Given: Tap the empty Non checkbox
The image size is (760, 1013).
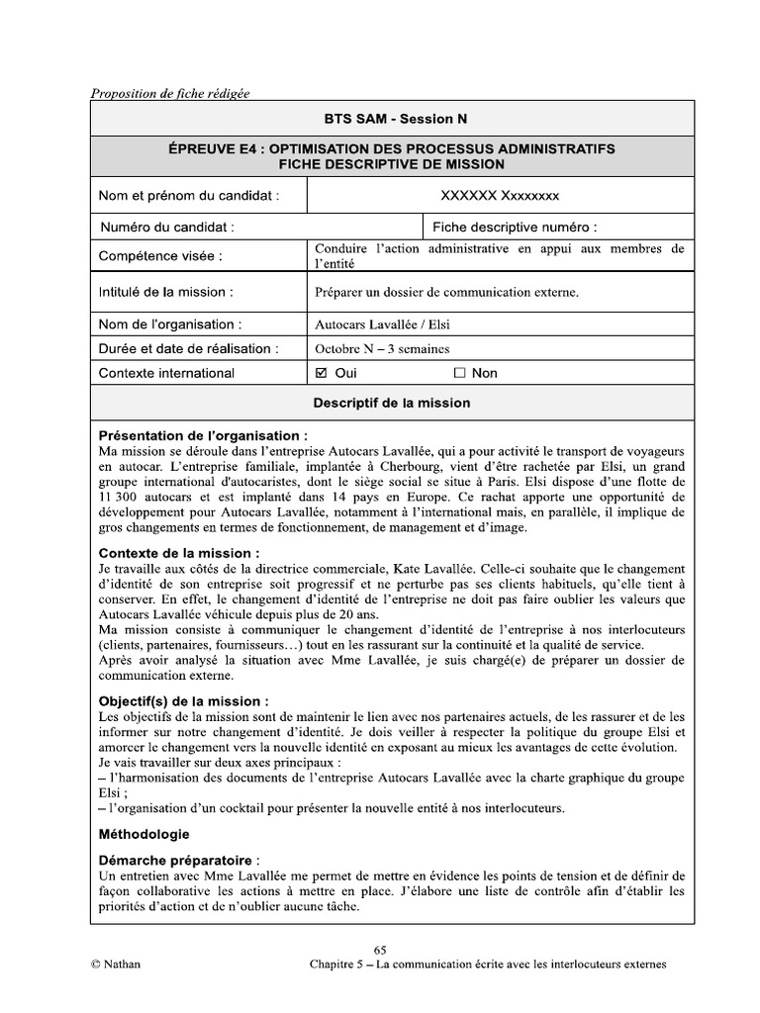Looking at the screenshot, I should coord(459,374).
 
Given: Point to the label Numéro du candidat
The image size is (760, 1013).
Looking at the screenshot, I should coord(167,227).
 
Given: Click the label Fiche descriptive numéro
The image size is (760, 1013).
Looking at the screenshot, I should coord(515,227).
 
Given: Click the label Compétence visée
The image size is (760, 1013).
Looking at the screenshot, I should coord(160,257).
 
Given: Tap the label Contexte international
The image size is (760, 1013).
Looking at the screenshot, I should coord(167,374).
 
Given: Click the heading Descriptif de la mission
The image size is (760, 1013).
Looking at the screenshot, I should coord(392,404).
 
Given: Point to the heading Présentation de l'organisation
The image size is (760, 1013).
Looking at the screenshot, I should coord(203,435).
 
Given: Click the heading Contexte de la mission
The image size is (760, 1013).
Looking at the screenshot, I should coord(180,553).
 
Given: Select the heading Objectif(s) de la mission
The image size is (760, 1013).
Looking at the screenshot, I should coord(184,700).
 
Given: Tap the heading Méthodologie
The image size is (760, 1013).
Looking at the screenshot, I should coord(144,835).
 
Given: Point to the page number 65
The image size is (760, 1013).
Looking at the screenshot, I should coord(380,948).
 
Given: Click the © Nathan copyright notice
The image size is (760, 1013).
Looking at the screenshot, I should coord(115,965).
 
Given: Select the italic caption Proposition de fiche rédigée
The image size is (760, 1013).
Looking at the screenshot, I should coord(170,94).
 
